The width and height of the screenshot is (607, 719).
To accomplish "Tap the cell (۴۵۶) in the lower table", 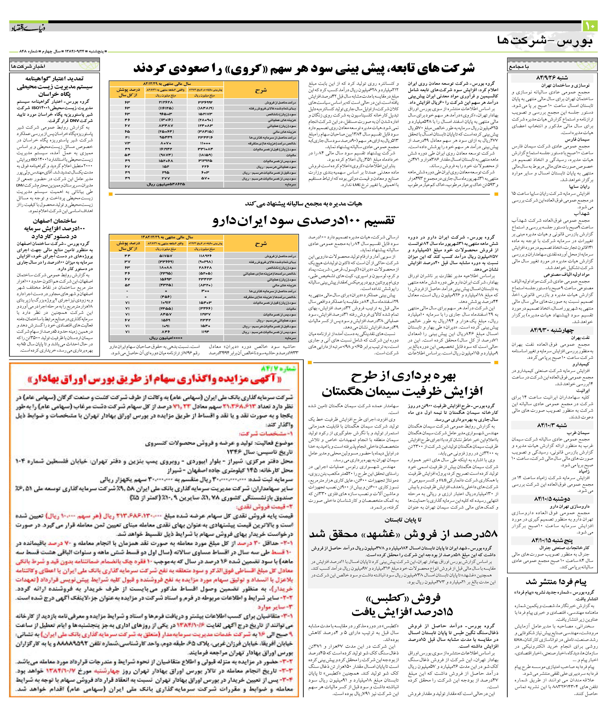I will (166, 297).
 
